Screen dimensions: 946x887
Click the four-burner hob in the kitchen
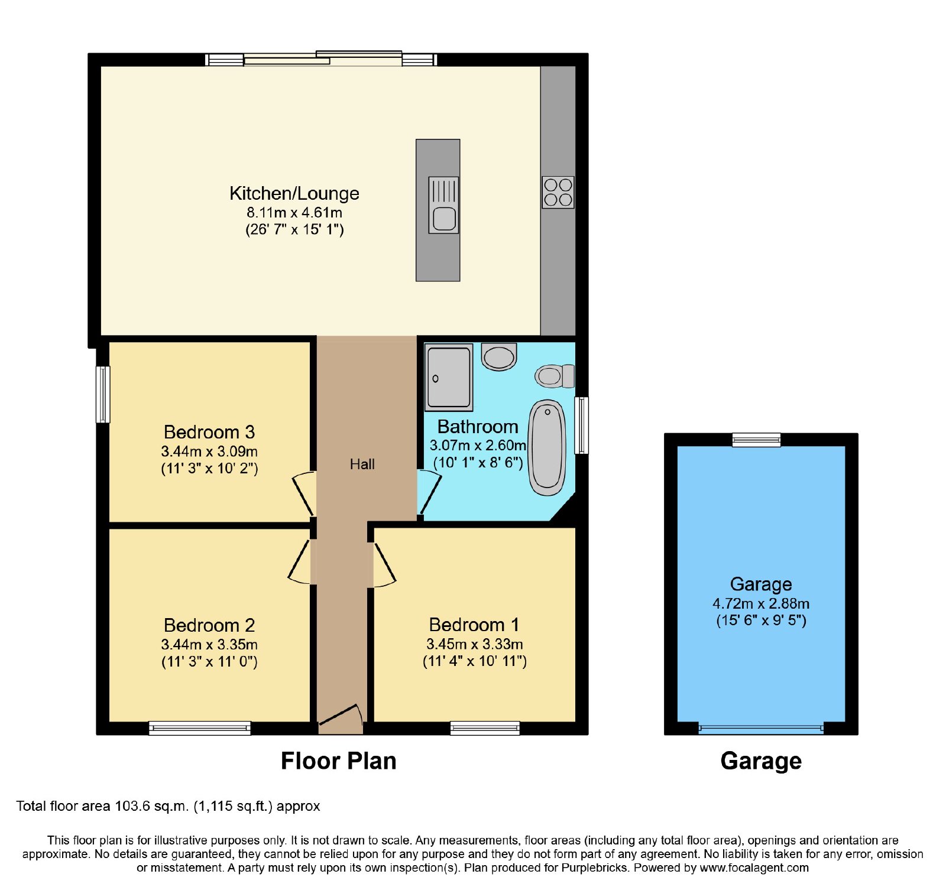[558, 192]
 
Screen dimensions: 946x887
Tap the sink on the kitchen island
[443, 205]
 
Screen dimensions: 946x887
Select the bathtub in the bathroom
[547, 447]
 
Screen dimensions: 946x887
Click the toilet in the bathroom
[555, 376]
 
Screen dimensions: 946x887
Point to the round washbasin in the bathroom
[499, 356]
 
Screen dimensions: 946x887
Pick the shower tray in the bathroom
[449, 378]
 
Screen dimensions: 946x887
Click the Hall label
[362, 464]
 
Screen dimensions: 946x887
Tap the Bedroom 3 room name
[209, 432]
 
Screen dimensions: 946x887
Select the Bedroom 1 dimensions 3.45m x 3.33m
[475, 644]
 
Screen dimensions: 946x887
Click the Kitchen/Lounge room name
[294, 193]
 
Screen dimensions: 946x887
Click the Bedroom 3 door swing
[304, 493]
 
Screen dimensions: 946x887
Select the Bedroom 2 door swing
[300, 562]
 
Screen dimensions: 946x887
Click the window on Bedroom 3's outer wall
[103, 394]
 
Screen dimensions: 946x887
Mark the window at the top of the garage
[756, 440]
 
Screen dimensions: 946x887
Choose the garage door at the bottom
[761, 729]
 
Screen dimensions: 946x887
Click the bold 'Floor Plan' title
[338, 761]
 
